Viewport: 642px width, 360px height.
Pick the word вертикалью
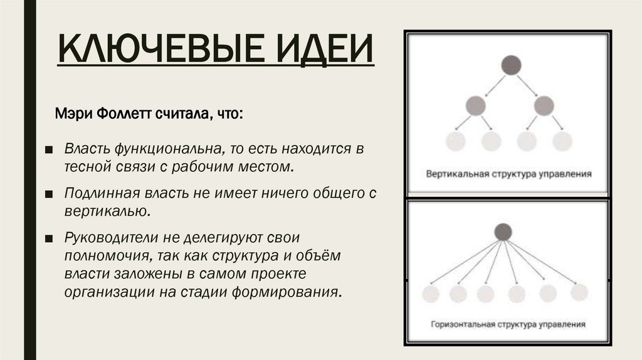107,211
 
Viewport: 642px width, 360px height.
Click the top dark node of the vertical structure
510,64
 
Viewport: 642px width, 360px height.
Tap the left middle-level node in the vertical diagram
476,104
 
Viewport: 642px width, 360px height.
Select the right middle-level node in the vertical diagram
544,104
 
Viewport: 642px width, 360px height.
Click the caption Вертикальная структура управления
509,173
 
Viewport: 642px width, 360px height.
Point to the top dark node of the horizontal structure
503,231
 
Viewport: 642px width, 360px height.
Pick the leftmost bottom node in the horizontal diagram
429,293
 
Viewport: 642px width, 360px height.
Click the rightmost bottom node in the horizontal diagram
578,292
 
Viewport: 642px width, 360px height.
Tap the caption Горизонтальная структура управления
508,326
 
